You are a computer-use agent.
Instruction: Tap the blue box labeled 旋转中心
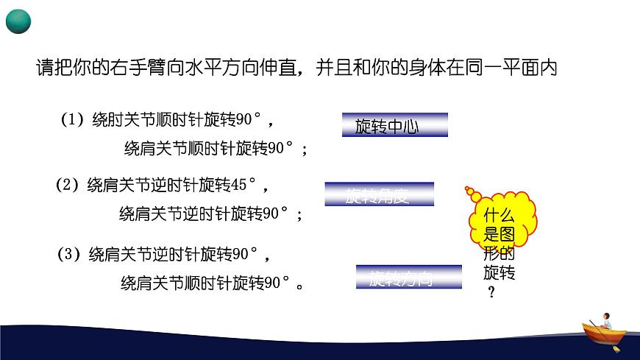point(395,125)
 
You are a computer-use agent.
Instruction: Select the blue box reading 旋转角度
point(379,194)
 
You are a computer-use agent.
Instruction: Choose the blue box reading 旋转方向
point(409,278)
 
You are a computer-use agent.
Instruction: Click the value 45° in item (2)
point(244,186)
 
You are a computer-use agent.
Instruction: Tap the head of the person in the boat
point(606,315)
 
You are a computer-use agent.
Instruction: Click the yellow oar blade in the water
point(616,349)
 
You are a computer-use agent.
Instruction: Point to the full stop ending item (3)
point(299,284)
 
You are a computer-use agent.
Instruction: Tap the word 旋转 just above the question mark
point(499,273)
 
